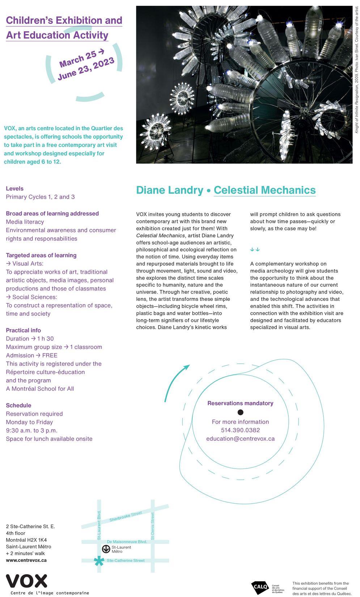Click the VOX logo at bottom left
(27, 581)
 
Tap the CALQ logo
(260, 587)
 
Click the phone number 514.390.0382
(240, 430)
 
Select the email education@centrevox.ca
(240, 439)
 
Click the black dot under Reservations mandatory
(240, 412)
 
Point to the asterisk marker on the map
(99, 561)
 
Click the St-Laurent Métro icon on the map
(106, 549)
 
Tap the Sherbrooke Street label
(126, 516)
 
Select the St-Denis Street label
(153, 526)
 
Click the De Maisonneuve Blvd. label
(127, 542)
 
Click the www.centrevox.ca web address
(26, 560)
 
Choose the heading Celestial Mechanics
(264, 190)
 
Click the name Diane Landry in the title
(170, 190)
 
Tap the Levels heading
(14, 189)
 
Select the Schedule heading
(18, 405)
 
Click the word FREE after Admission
(50, 355)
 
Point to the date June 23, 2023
(86, 68)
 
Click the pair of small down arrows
(255, 249)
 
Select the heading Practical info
(23, 330)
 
